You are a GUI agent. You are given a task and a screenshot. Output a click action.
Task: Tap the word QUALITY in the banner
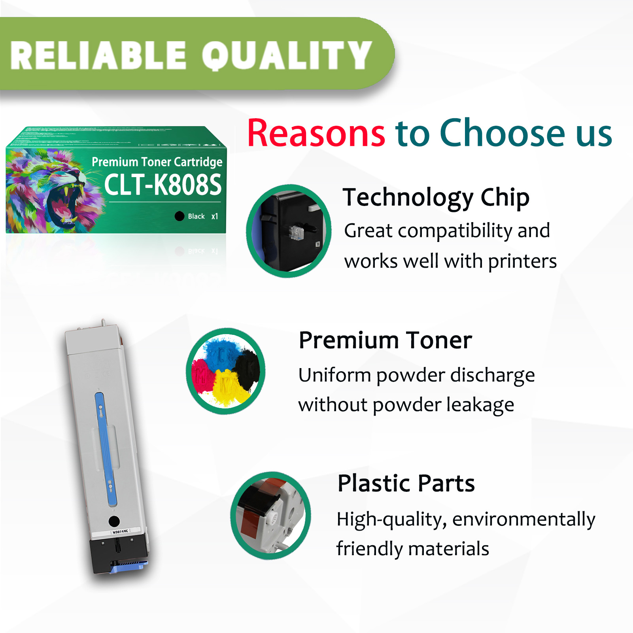[287, 56]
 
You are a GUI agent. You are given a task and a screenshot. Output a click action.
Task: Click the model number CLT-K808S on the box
[163, 185]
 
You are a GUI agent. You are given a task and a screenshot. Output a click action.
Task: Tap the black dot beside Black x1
[180, 216]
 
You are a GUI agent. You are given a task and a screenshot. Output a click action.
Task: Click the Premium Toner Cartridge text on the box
[157, 162]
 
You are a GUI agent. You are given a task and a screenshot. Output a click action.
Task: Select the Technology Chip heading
[436, 198]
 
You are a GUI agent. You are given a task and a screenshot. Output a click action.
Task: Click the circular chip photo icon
[289, 231]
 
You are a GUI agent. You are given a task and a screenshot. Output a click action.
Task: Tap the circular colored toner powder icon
[225, 371]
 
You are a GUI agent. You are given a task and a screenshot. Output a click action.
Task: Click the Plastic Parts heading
[406, 483]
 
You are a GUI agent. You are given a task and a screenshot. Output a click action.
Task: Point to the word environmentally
[523, 519]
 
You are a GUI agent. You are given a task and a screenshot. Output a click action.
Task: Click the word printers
[522, 261]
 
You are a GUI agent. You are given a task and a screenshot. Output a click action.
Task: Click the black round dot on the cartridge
[114, 521]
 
